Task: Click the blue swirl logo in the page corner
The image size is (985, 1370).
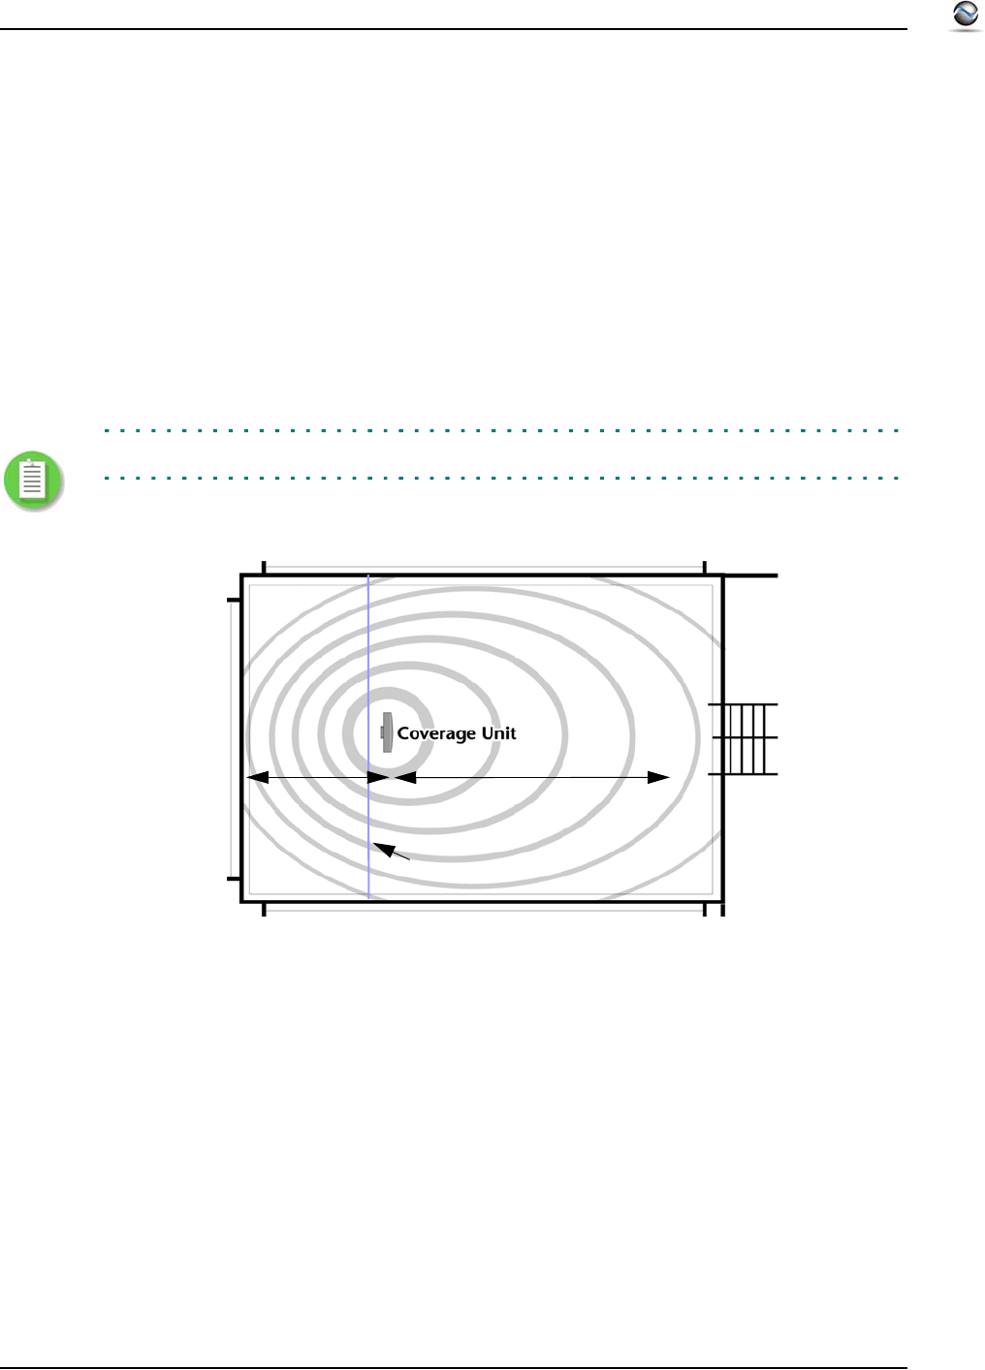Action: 966,16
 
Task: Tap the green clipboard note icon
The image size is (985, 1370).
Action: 33,481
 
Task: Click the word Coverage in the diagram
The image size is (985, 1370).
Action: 436,734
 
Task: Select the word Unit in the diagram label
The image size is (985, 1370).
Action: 499,732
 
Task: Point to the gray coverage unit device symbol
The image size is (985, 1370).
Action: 386,732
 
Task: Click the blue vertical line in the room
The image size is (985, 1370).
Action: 368,736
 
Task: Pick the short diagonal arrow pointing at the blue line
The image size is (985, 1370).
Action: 392,851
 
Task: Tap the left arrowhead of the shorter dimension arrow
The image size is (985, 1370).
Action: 258,777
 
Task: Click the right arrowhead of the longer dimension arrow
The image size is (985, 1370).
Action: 658,777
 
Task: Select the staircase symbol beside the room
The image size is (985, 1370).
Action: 743,739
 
